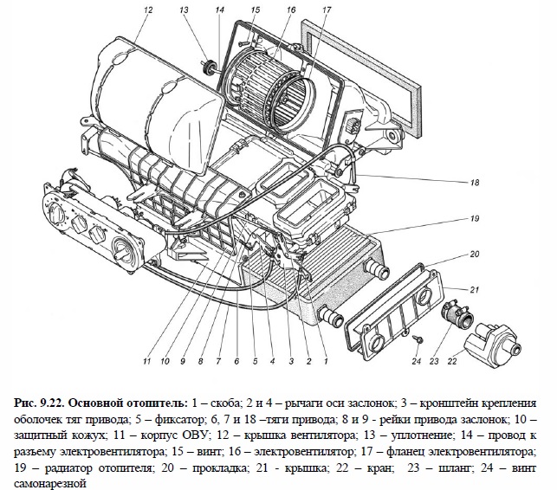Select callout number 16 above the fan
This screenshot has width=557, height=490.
290,10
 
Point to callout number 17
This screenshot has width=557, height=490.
326,10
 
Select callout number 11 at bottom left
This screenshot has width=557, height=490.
147,360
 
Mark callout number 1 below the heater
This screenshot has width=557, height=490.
325,360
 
